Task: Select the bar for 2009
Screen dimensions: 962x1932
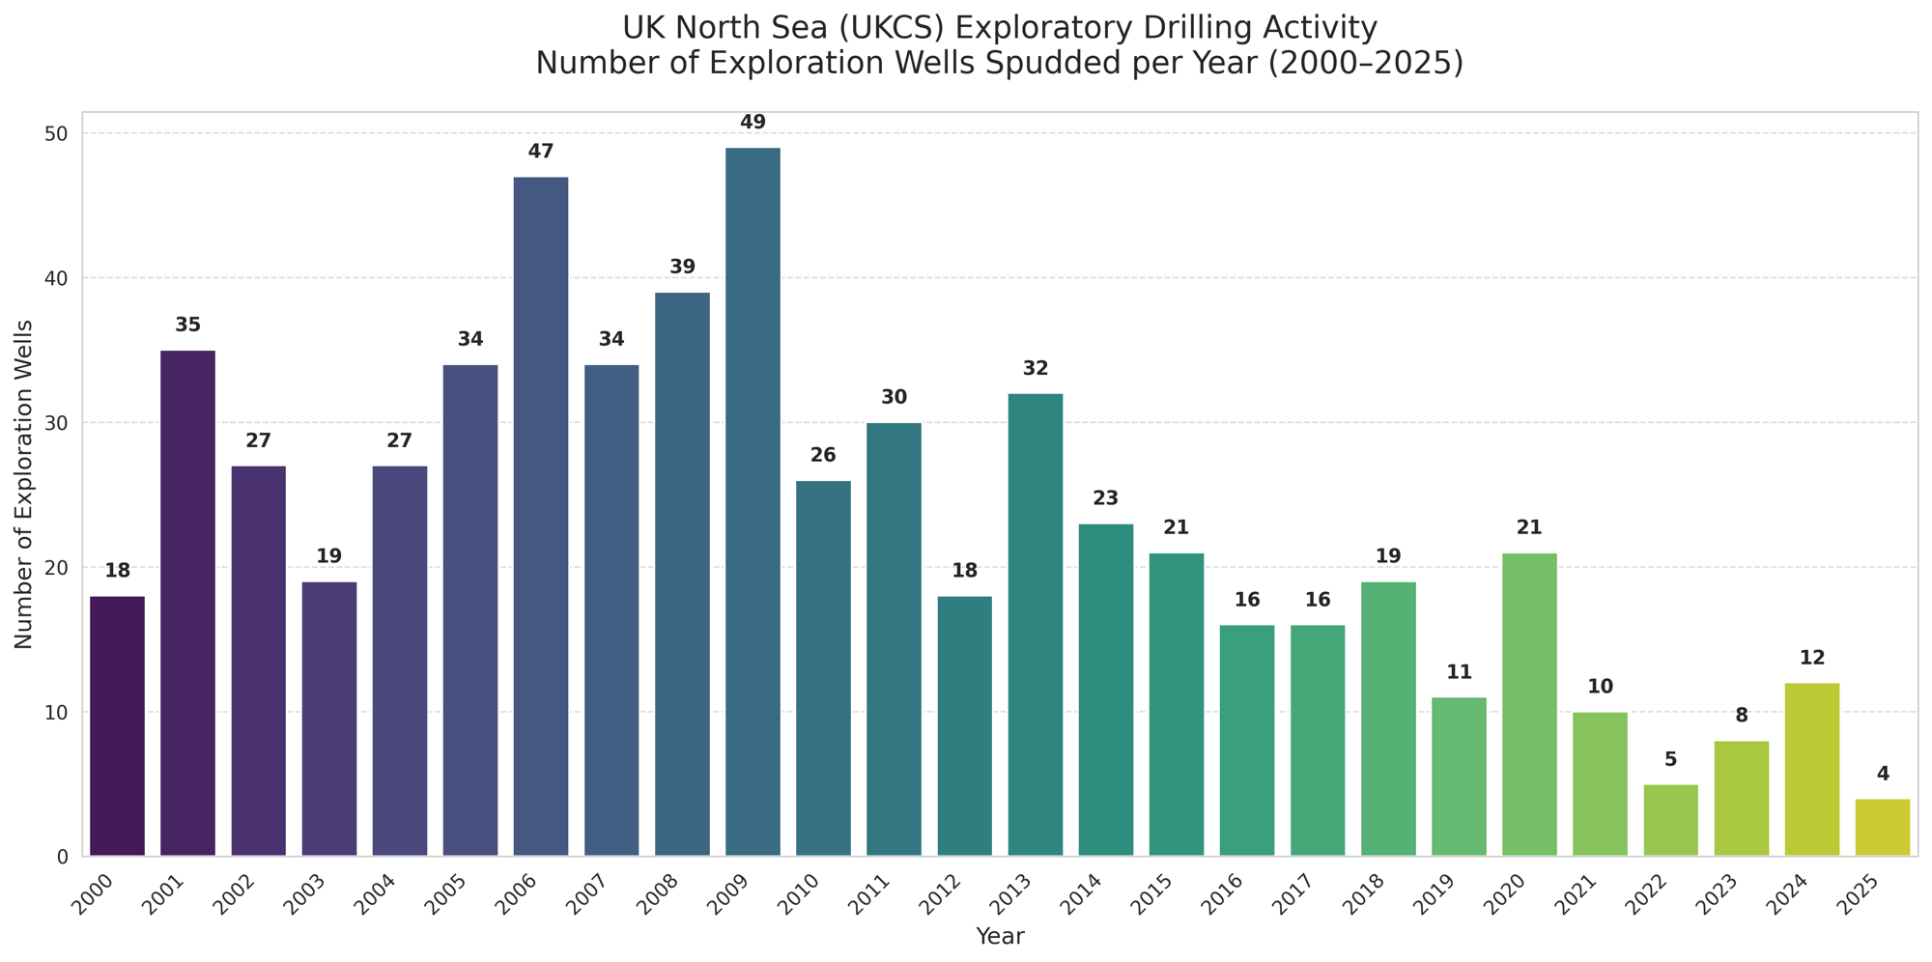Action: point(753,502)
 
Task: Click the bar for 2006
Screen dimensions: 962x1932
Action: point(541,517)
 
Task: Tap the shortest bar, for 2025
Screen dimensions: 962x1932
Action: point(1883,828)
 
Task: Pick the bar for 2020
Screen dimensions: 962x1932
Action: point(1529,705)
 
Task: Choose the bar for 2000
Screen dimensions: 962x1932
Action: point(117,726)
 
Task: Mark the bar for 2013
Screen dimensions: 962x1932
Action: point(1035,625)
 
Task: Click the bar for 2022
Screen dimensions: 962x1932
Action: point(1670,820)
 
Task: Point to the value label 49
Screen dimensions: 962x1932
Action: point(753,123)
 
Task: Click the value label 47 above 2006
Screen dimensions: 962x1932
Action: point(541,152)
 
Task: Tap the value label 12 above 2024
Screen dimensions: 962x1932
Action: point(1812,659)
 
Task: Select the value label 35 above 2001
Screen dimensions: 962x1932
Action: point(187,325)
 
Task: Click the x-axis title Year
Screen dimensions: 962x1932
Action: point(1000,936)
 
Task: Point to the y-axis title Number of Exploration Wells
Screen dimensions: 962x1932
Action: point(25,484)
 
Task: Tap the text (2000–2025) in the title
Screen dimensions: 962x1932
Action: point(1371,64)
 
